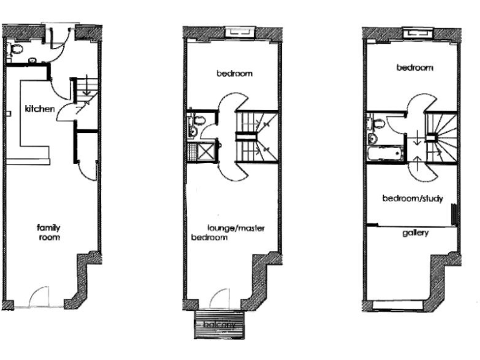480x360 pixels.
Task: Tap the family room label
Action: (x=48, y=232)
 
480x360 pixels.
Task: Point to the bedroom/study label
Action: (x=413, y=199)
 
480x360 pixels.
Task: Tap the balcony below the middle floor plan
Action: (x=219, y=324)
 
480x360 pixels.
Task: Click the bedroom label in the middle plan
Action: (x=234, y=74)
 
